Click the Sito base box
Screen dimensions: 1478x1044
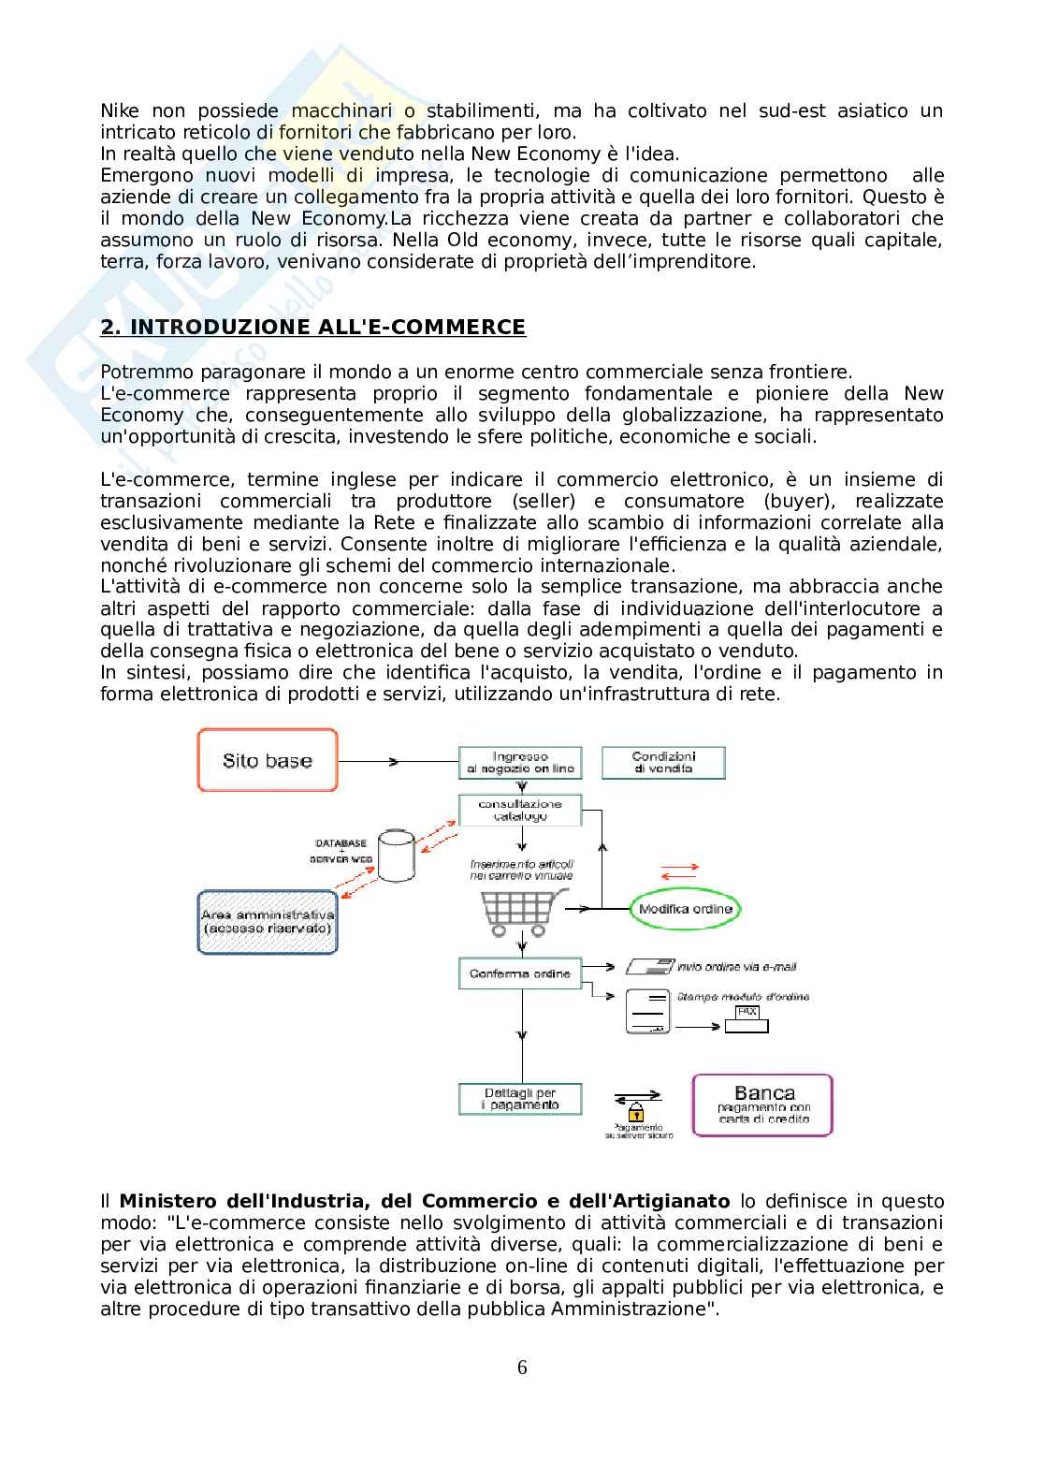click(x=268, y=760)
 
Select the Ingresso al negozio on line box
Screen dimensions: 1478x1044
click(x=519, y=762)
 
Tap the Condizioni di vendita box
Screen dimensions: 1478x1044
click(x=663, y=762)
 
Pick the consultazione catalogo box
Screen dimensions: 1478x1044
click(x=519, y=810)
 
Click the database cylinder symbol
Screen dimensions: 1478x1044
click(x=397, y=856)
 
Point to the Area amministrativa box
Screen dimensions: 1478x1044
click(x=268, y=921)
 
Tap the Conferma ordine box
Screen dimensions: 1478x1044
click(x=519, y=973)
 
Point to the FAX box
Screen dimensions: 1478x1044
click(x=747, y=1019)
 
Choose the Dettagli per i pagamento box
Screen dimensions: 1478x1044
click(x=519, y=1099)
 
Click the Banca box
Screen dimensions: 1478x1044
click(x=762, y=1105)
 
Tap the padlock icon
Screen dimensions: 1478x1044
click(x=636, y=1111)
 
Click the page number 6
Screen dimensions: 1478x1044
click(x=522, y=1368)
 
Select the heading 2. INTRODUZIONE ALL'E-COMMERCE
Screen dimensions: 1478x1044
click(x=312, y=327)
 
